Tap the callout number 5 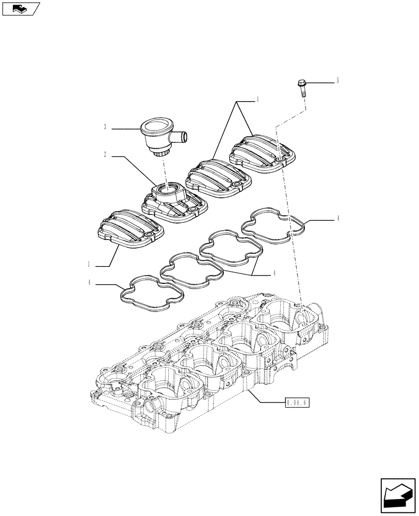coord(337,80)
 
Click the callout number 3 coord(105,127)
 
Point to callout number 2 coord(105,154)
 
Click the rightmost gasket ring coord(273,227)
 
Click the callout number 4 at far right coord(337,219)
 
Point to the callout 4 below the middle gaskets coord(275,273)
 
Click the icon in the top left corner coord(20,8)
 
